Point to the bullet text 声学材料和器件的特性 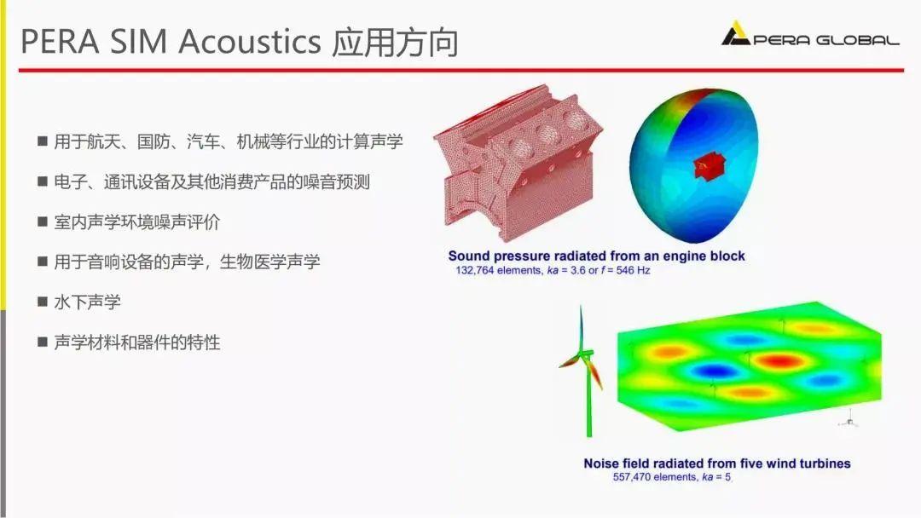pos(136,342)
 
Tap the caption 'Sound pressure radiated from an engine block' pos(596,256)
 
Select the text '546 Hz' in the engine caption pos(632,270)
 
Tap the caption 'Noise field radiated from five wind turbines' pos(716,463)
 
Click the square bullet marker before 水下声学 pos(42,302)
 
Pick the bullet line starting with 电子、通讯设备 pos(211,181)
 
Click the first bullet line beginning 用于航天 pos(228,141)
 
